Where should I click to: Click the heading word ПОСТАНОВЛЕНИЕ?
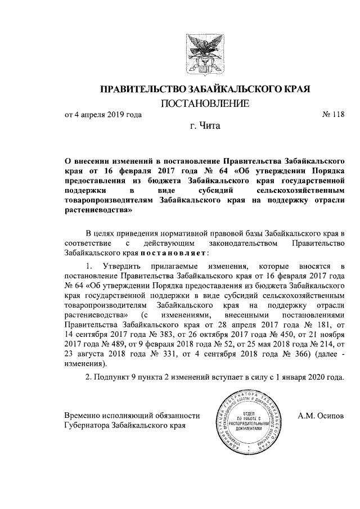pos(205,103)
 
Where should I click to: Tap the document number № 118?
pos(332,115)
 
